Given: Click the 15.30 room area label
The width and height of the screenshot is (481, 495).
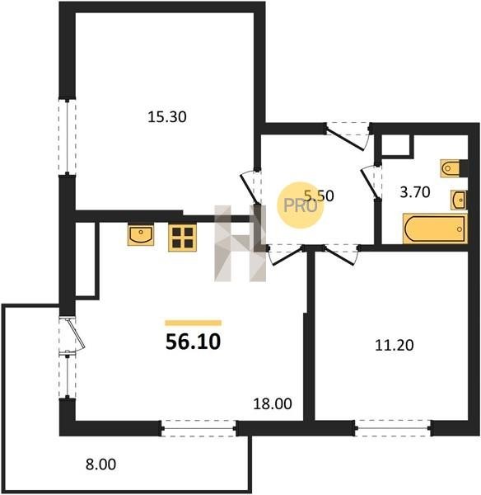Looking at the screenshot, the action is point(167,117).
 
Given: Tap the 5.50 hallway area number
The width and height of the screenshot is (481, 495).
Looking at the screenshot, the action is point(320,196).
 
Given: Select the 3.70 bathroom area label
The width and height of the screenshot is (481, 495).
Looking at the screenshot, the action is point(415,192).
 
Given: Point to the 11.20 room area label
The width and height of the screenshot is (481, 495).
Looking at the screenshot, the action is point(394,345).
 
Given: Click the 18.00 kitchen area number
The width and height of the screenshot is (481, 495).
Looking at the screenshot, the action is point(273,403).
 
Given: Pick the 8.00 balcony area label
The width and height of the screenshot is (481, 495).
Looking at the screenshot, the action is point(100,464).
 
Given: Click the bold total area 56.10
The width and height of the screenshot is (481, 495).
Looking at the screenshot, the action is point(193,342).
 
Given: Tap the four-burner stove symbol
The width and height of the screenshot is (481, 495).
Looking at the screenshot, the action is point(182,238).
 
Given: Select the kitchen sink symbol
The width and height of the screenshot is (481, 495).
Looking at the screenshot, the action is point(141,235).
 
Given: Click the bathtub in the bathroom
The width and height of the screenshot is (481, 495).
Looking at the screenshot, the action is point(435,229).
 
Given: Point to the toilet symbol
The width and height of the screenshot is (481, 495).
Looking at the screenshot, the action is point(451,168).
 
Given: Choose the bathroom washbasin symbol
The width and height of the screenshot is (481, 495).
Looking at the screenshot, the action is point(459,200).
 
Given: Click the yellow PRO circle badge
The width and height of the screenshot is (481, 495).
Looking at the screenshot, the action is point(301,205).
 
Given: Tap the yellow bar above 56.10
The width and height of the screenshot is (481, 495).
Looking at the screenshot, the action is point(194,323).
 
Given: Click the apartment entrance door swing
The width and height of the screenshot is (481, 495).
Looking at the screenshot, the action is point(348,136).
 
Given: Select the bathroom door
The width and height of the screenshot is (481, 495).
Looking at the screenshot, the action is point(371,182).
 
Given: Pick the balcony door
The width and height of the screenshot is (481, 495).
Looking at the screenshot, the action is point(72,334).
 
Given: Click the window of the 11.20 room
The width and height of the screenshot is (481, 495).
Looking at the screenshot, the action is point(393,428).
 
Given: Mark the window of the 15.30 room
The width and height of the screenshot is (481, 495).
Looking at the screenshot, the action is point(68,137).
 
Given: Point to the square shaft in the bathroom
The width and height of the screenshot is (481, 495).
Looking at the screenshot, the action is point(396,145).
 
